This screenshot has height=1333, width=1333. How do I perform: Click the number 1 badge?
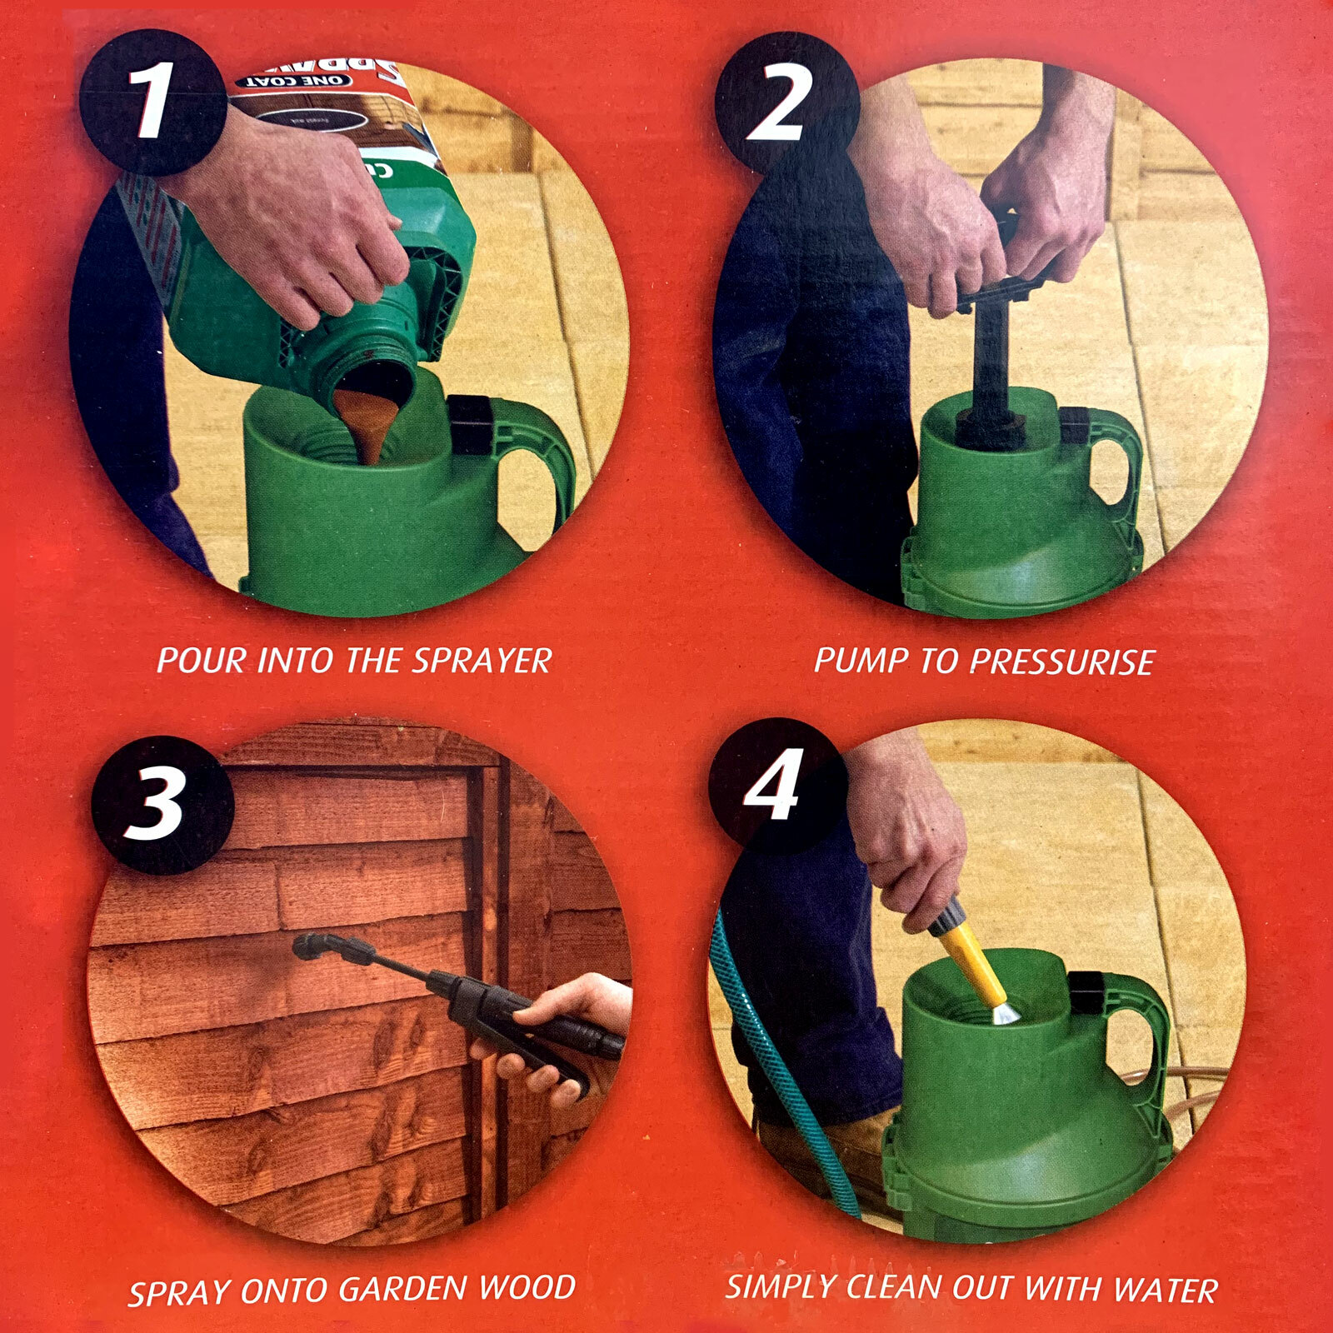click(x=152, y=102)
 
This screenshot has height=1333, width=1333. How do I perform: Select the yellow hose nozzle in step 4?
click(x=971, y=958)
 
